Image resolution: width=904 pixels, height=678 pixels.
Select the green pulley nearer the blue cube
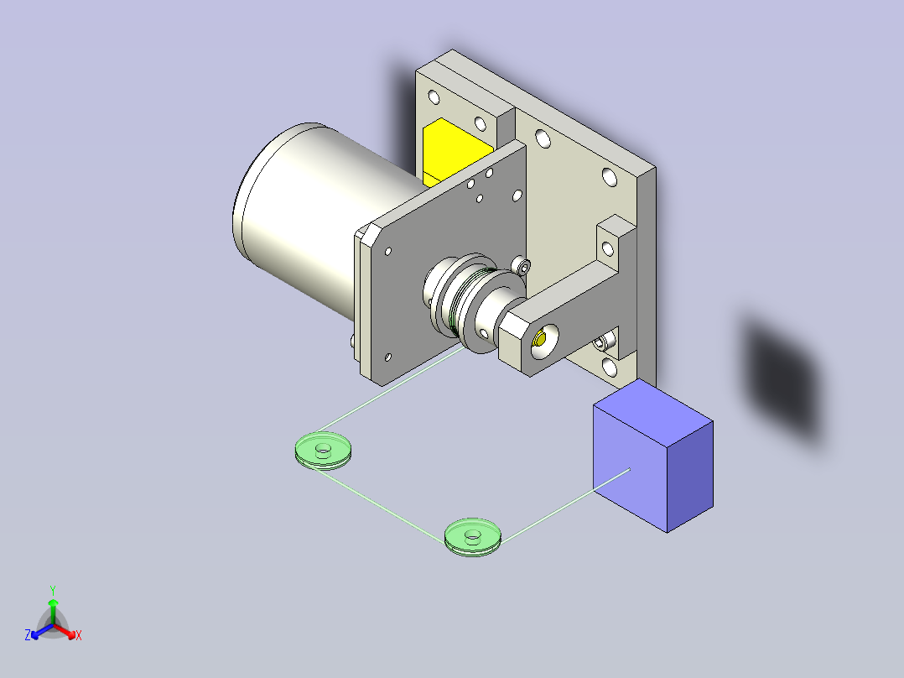pos(472,535)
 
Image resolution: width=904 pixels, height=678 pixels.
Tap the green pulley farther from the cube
pos(324,449)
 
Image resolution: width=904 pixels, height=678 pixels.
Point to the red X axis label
pos(79,636)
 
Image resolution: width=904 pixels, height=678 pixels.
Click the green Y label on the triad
pos(52,590)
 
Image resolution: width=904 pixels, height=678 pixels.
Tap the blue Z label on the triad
pos(28,635)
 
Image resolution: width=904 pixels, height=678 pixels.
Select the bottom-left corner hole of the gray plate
pos(387,356)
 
